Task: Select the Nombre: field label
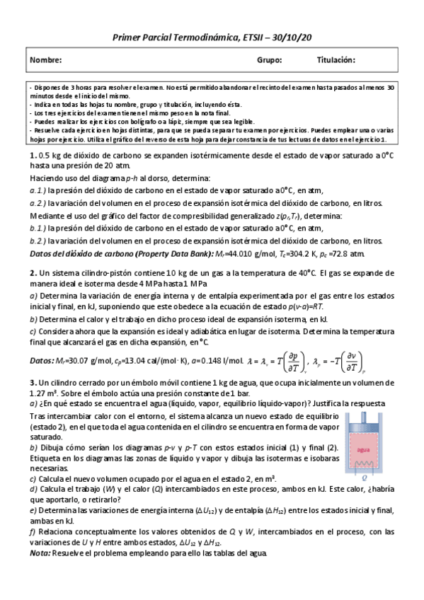[x=46, y=61]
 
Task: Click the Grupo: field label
[x=269, y=61]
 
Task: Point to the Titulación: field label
[x=336, y=61]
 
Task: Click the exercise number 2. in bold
[x=33, y=272]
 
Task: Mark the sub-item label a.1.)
[x=38, y=191]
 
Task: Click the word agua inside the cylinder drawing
[x=365, y=449]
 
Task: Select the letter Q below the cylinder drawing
[x=365, y=476]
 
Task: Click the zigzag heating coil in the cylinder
[x=365, y=463]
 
